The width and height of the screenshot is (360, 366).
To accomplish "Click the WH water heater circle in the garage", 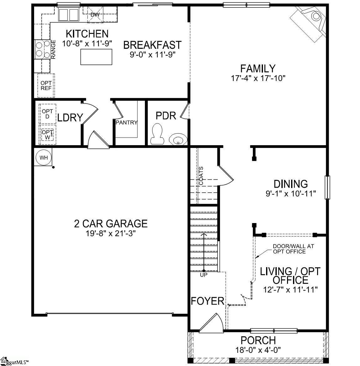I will [x=44, y=158].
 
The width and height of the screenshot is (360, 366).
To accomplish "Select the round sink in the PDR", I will [x=177, y=139].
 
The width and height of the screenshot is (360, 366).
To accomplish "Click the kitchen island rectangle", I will [x=96, y=57].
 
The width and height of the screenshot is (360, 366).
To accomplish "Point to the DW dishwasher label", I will [x=95, y=15].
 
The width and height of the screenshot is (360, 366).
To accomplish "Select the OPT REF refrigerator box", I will [x=46, y=85].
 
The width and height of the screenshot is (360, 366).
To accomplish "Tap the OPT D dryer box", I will [x=48, y=114].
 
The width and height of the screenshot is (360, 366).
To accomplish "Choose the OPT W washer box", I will [x=48, y=135].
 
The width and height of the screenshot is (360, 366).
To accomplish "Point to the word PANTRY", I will [x=126, y=122].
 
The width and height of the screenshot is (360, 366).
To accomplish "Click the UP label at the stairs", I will [x=203, y=275].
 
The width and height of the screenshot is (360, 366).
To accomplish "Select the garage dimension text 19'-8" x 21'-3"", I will [x=111, y=233].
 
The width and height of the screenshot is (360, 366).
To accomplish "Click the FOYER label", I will [x=208, y=301].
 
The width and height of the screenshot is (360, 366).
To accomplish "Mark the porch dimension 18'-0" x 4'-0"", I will [x=258, y=349].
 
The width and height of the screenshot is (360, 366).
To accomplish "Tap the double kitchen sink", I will [x=69, y=14].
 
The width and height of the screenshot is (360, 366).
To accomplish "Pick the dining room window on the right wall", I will [x=327, y=187].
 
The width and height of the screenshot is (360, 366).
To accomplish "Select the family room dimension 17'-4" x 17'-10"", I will [x=258, y=78].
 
